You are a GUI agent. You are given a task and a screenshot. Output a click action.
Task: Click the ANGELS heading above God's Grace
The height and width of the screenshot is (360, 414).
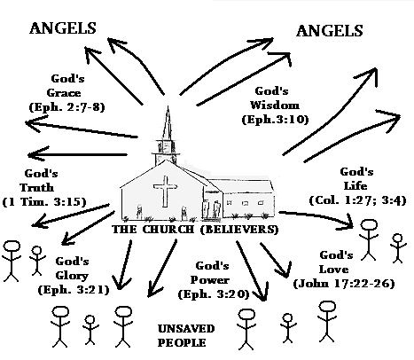pyautogui.click(x=63, y=28)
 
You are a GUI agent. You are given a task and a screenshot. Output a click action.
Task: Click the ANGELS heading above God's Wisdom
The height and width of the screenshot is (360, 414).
pyautogui.click(x=330, y=31)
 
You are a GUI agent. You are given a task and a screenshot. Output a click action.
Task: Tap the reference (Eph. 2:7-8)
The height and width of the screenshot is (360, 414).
pyautogui.click(x=67, y=107)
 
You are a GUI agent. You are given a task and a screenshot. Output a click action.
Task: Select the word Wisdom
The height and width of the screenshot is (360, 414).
pyautogui.click(x=275, y=105)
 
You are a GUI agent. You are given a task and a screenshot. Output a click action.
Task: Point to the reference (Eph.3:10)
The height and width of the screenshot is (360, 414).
pyautogui.click(x=275, y=120)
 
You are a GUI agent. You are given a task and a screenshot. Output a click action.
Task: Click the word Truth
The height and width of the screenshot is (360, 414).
pyautogui.click(x=37, y=187)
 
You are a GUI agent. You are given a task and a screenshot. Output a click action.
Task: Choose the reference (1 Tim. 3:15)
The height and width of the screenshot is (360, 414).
pyautogui.click(x=44, y=202)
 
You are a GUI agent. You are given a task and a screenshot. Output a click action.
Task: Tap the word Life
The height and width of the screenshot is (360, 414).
pyautogui.click(x=355, y=186)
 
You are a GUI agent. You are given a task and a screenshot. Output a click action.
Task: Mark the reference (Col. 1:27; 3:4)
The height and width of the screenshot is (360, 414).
pyautogui.click(x=357, y=200)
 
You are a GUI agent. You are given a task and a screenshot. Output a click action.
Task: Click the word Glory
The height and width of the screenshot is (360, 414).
pyautogui.click(x=72, y=276)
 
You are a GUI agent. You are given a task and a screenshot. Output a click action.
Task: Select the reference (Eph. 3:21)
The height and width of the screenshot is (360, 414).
pyautogui.click(x=74, y=290)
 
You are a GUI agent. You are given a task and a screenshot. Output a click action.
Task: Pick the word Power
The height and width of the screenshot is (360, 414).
pyautogui.click(x=209, y=280)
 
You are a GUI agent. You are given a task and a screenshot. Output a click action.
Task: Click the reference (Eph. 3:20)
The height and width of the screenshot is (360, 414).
pyautogui.click(x=214, y=294)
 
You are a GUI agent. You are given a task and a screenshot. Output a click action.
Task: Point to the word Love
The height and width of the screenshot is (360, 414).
pyautogui.click(x=333, y=270)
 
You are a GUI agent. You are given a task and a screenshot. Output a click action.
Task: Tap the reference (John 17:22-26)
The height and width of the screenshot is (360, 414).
pyautogui.click(x=344, y=284)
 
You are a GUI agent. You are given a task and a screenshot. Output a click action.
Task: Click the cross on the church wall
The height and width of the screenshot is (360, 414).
pyautogui.click(x=165, y=192)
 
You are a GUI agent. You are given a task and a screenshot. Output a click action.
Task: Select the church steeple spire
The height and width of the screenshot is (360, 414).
pyautogui.click(x=168, y=123)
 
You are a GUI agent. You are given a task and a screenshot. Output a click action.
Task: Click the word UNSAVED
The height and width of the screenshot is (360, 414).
pyautogui.click(x=186, y=328)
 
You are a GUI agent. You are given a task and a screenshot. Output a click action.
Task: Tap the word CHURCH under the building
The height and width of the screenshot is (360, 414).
pyautogui.click(x=168, y=230)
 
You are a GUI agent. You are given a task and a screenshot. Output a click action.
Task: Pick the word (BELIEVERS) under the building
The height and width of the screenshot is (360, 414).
pyautogui.click(x=239, y=230)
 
